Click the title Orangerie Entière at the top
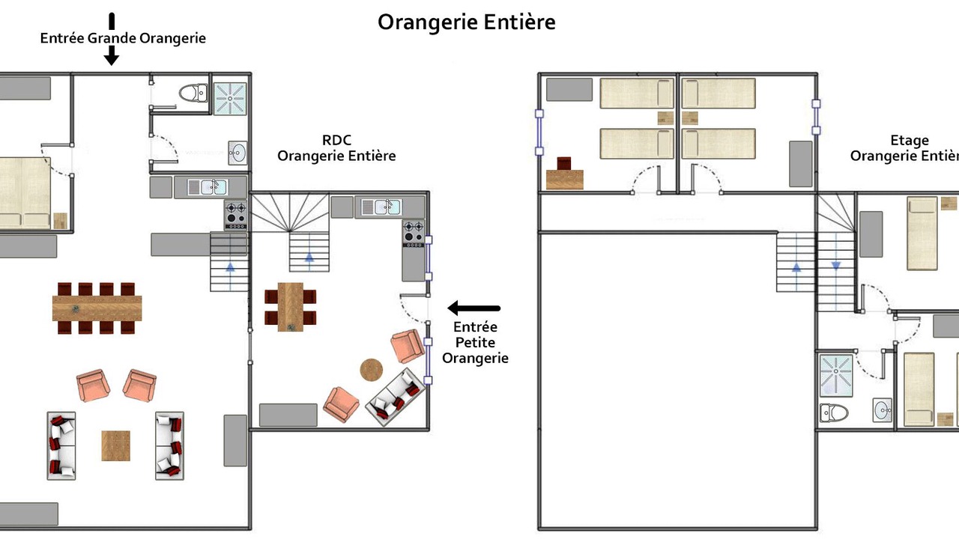pyautogui.click(x=467, y=22)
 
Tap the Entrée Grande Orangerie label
pyautogui.click(x=123, y=38)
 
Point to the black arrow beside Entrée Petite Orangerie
pyautogui.click(x=474, y=308)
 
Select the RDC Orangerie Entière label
pyautogui.click(x=336, y=148)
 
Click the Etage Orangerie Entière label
pyautogui.click(x=904, y=148)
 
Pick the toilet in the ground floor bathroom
pyautogui.click(x=193, y=93)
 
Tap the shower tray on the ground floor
pyautogui.click(x=230, y=98)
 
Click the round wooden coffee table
pyautogui.click(x=371, y=370)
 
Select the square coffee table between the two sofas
pyautogui.click(x=115, y=445)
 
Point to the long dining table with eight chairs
pyautogui.click(x=97, y=308)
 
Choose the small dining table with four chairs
pyautogui.click(x=290, y=307)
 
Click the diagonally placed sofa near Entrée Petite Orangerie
pyautogui.click(x=396, y=398)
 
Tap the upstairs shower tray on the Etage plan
pyautogui.click(x=836, y=376)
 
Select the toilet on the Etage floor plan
pyautogui.click(x=834, y=413)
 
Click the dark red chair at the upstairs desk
pyautogui.click(x=564, y=163)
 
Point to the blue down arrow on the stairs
pyautogui.click(x=836, y=266)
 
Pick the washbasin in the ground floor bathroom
pyautogui.click(x=238, y=153)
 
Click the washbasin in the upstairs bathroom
pyautogui.click(x=883, y=410)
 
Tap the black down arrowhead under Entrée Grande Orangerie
pyautogui.click(x=112, y=55)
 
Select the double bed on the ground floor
pyautogui.click(x=25, y=193)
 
